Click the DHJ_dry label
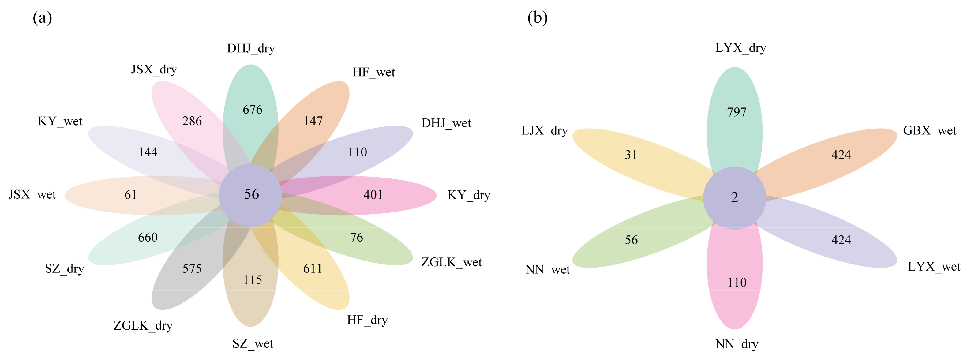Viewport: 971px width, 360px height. pos(251,49)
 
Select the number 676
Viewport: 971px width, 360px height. pos(252,110)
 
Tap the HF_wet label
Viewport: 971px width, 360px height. pos(373,72)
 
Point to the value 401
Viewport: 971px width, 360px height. pos(373,195)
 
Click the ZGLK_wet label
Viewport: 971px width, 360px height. pos(451,262)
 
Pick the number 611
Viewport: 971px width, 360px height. pos(313,269)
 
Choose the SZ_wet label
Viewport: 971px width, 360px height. pos(253,344)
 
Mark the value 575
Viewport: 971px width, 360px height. pos(192,269)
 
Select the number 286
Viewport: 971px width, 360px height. pos(192,121)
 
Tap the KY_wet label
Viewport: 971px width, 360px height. pos(60,122)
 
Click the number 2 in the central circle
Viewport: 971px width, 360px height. pos(734,197)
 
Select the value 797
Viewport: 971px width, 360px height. pos(737,112)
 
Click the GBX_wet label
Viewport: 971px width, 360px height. pos(930,131)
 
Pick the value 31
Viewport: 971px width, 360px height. pos(631,155)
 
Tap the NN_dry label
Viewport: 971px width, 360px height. pos(737,344)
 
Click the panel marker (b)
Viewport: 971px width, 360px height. pos(537,18)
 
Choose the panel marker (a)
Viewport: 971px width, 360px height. pos(42,18)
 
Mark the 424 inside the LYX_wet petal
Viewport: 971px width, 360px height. pos(841,240)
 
